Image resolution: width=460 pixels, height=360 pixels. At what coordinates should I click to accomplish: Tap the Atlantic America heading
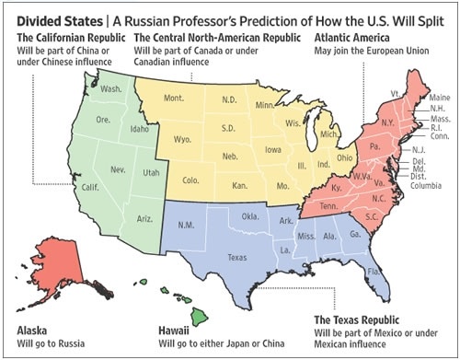(352, 38)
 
